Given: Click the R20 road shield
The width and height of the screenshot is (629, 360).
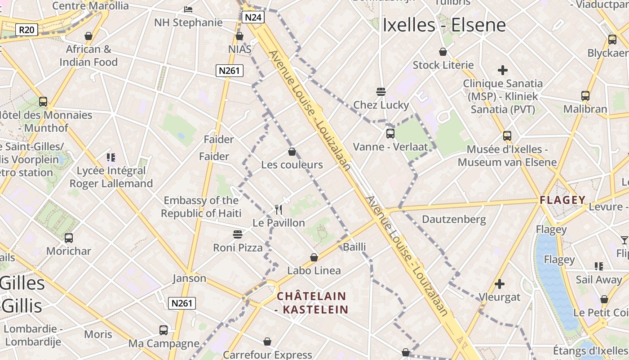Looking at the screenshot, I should (27, 30).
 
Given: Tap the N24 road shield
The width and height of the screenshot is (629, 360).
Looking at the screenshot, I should (253, 18).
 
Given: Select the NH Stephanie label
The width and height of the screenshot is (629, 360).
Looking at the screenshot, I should (188, 22).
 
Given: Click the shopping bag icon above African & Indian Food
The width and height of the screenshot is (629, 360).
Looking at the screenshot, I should (89, 36).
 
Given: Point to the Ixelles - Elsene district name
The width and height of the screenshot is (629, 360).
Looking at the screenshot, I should (444, 26).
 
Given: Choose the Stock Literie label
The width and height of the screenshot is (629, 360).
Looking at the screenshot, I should (443, 65).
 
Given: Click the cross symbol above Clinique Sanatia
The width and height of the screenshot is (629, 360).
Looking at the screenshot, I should (503, 70).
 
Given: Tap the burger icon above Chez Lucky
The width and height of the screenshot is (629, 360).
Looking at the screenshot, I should (381, 92).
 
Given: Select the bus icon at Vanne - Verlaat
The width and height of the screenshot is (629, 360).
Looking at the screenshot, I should (390, 134).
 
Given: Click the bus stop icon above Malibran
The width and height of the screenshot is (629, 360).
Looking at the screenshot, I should (585, 96).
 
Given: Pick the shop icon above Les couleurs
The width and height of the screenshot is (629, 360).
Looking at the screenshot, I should (292, 152).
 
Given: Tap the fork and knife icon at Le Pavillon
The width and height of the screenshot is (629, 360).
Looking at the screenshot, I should (279, 210).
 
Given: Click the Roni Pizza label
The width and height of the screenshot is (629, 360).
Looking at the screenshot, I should (238, 247).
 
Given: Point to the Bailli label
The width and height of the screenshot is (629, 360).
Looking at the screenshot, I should (354, 247).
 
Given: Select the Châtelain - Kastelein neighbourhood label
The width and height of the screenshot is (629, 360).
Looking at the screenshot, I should (312, 303).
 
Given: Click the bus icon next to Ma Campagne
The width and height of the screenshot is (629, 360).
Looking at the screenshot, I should (164, 330).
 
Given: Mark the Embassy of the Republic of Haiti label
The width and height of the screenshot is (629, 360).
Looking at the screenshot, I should (201, 207).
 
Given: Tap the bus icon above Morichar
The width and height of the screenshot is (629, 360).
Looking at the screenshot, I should (69, 238).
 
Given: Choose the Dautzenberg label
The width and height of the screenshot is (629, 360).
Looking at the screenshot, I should (454, 220).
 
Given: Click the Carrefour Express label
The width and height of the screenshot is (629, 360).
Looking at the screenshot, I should (267, 355).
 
